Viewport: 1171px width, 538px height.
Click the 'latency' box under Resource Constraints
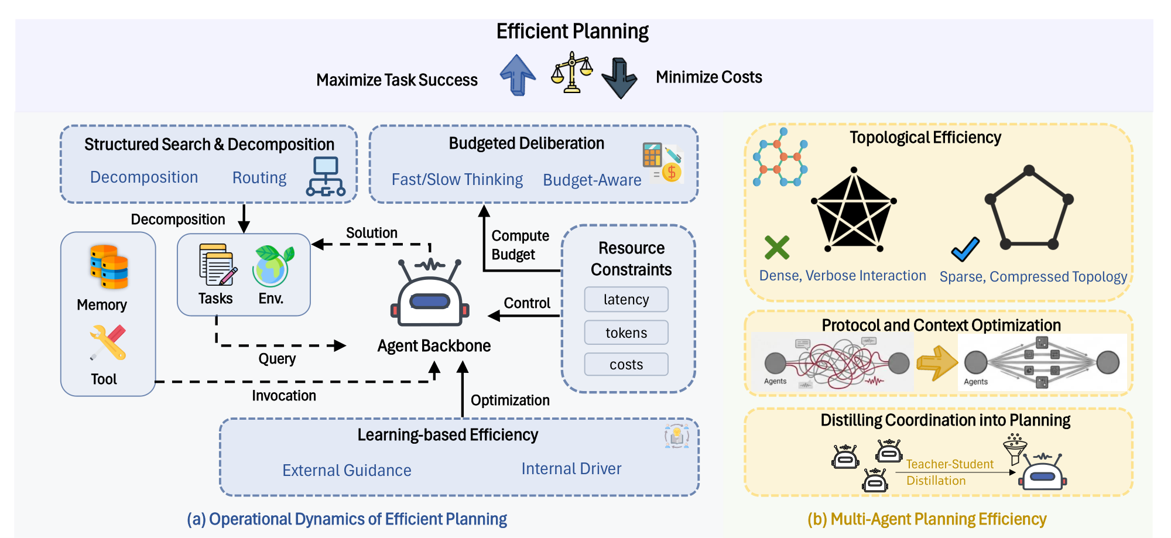tap(626, 300)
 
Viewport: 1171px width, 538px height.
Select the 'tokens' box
tap(626, 333)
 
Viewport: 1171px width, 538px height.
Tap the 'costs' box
tap(626, 365)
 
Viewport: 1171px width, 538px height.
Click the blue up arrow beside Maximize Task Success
tap(518, 74)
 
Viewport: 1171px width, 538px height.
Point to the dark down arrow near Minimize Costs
tap(619, 78)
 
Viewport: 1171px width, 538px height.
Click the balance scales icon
tap(571, 73)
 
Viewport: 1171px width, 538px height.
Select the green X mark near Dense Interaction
tap(777, 248)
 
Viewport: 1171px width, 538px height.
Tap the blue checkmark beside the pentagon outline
tap(965, 249)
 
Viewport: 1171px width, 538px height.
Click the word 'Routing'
tap(259, 177)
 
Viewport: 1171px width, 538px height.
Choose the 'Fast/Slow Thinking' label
tap(457, 180)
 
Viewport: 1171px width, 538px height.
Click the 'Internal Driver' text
tap(571, 469)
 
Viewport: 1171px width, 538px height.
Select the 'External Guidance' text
tap(347, 471)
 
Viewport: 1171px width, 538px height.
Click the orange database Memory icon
tap(109, 268)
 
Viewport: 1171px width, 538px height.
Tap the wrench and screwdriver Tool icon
tap(108, 342)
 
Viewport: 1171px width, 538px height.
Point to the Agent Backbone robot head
tap(430, 296)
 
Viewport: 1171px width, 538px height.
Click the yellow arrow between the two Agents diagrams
tap(936, 363)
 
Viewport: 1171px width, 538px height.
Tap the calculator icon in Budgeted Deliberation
tap(652, 155)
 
